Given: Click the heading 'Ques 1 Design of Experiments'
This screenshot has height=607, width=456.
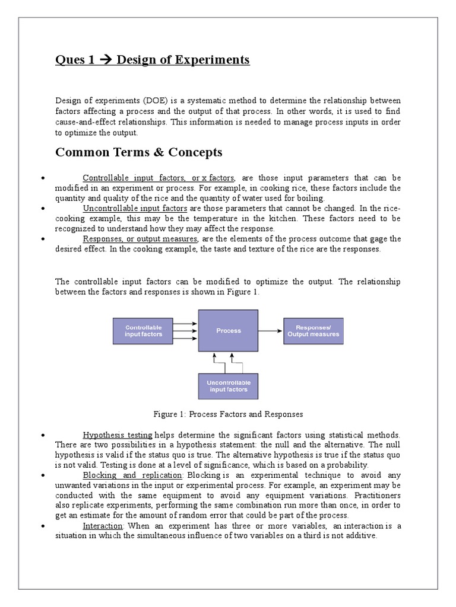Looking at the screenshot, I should tap(152, 60).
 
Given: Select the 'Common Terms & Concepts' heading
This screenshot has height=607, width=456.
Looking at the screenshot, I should tap(138, 152).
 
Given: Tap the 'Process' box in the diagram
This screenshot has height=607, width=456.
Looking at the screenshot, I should tap(228, 331).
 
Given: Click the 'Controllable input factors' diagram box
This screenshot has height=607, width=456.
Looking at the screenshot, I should tap(143, 331).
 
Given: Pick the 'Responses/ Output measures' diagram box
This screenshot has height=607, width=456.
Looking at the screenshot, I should tap(313, 331).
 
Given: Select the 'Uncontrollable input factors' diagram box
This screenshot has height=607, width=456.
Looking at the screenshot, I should tap(228, 386).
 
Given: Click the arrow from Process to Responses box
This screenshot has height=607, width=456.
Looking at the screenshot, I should tap(270, 331).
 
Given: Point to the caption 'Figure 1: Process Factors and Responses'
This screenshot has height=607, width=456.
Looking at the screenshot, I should tap(228, 414).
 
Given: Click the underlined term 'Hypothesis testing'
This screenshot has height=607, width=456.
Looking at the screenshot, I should tap(118, 435).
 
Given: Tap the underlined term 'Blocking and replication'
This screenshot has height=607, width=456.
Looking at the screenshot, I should tap(132, 475).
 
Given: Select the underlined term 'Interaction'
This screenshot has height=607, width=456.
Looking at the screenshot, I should tap(98, 526).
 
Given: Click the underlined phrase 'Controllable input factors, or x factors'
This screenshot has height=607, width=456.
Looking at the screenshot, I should tap(159, 178).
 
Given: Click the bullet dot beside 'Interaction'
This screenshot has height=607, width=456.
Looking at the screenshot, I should tap(42, 526).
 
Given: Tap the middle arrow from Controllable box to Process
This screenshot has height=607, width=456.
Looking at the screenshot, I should tap(185, 331).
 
